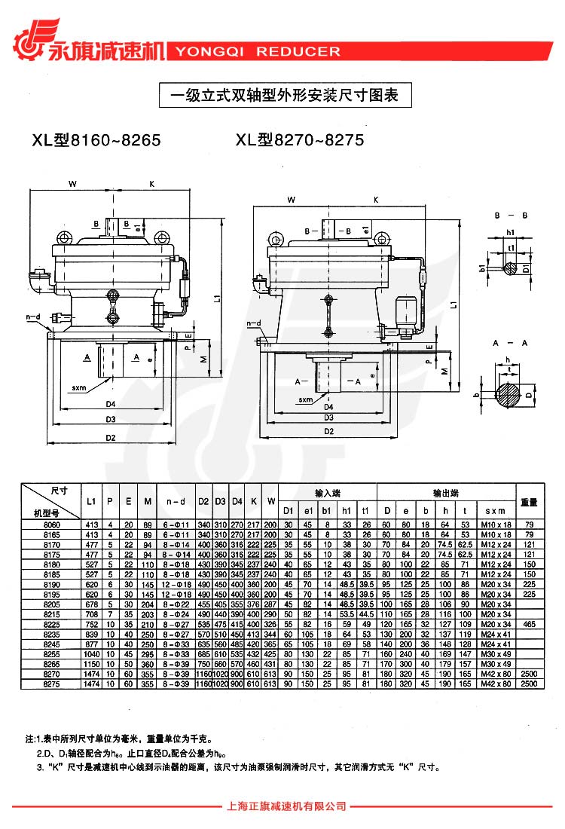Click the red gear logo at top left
pyautogui.click(x=29, y=41)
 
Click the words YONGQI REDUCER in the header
pyautogui.click(x=257, y=52)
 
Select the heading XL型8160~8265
pyautogui.click(x=96, y=140)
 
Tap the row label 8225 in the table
pyautogui.click(x=51, y=624)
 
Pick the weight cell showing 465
pyautogui.click(x=529, y=624)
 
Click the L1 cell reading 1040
pyautogui.click(x=91, y=653)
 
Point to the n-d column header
pyautogui.click(x=176, y=501)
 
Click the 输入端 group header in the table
pyautogui.click(x=328, y=492)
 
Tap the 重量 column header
pyautogui.click(x=529, y=501)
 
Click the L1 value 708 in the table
pyautogui.click(x=91, y=614)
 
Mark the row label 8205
pyautogui.click(x=51, y=604)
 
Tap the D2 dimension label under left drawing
pyautogui.click(x=110, y=438)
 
